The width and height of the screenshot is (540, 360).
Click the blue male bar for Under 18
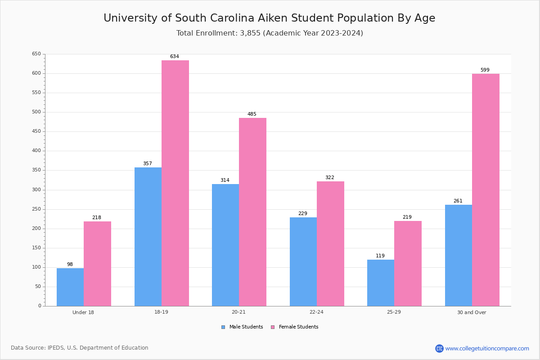tap(70, 287)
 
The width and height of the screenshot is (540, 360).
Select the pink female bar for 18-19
tap(175, 183)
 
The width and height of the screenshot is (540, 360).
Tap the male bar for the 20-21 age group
tap(225, 245)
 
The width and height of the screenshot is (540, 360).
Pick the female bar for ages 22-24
tap(330, 243)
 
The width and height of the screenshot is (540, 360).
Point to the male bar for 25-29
tap(381, 283)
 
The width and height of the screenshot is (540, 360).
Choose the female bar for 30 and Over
tap(486, 190)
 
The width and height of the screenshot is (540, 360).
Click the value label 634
tap(175, 57)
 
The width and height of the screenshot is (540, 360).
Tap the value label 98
tap(70, 265)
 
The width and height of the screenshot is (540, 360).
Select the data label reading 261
tap(458, 201)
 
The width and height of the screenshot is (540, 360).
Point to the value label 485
tap(252, 114)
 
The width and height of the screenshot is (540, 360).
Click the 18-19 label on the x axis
tap(161, 312)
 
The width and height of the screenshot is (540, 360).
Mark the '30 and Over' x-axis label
tap(472, 312)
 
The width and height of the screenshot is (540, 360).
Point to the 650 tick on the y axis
tap(36, 54)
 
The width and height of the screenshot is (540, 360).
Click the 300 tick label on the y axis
tap(36, 190)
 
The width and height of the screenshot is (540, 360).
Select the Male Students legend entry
tap(246, 327)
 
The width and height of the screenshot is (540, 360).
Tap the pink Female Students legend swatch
tap(273, 327)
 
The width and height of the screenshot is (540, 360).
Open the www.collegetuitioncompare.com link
tap(487, 348)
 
